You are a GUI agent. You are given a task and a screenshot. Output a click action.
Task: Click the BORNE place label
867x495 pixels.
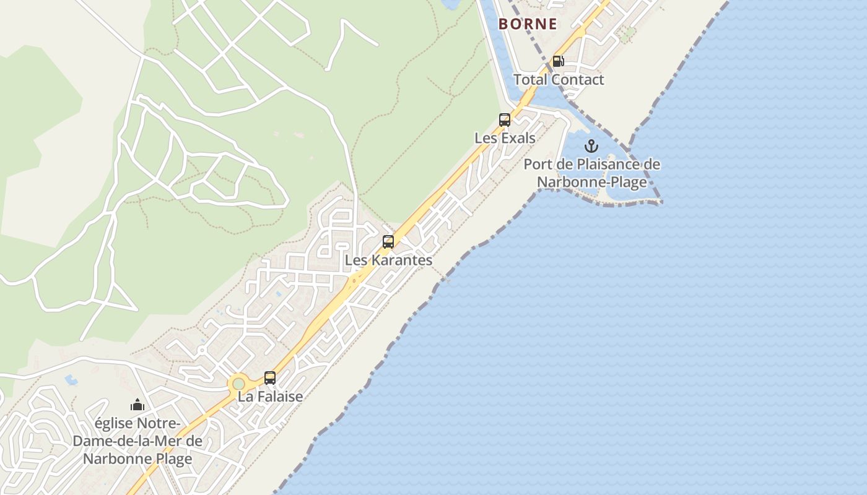[x=528, y=24]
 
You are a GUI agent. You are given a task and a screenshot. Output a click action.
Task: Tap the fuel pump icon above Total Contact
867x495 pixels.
[x=558, y=61]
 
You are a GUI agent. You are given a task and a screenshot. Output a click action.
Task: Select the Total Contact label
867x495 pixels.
[x=559, y=80]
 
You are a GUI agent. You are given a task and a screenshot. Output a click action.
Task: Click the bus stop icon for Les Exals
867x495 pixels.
[x=505, y=120]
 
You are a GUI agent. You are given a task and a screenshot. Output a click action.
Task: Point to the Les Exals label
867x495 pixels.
[x=505, y=138]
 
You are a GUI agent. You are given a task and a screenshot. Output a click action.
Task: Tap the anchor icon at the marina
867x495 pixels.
[x=591, y=147]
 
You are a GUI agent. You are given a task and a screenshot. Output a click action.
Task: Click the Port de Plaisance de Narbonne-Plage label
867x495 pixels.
[x=591, y=173]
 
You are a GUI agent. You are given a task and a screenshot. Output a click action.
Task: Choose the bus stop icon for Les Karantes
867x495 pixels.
[x=388, y=242]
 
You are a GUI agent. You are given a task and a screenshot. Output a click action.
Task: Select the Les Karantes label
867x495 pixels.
[x=388, y=260]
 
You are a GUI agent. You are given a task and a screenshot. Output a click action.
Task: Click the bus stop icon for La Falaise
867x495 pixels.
[x=270, y=377]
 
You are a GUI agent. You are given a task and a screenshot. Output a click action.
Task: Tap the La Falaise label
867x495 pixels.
[x=270, y=397]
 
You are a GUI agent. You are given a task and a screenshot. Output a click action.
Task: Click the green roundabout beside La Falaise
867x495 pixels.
[x=238, y=384]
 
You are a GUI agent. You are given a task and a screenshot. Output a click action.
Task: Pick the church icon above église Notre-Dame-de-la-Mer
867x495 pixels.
[x=137, y=405]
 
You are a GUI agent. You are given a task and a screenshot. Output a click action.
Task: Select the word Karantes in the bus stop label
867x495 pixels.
[x=402, y=260]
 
